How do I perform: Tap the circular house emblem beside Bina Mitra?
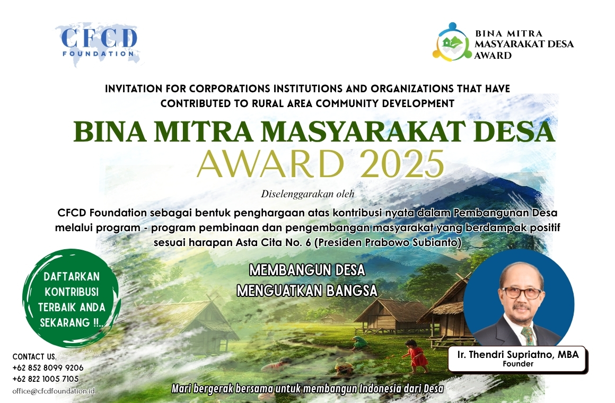452,41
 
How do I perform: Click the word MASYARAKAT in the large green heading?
363,132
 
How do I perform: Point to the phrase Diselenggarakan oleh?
307,194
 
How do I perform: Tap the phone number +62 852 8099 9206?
48,368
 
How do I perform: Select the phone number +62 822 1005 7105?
46,379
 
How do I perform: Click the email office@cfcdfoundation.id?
54,391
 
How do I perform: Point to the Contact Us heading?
34,357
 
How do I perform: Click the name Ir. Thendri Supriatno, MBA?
518,354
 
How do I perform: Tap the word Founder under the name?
518,364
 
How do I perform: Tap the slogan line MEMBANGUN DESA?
307,270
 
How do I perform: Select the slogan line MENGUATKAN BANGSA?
307,291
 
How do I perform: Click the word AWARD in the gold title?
271,164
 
